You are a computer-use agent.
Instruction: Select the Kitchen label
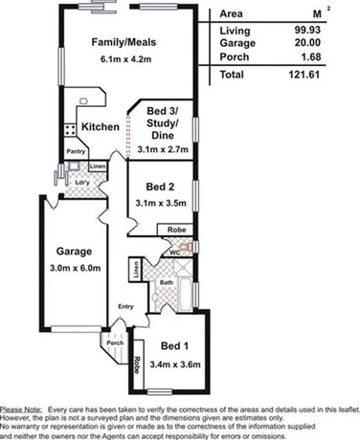coord(101,127)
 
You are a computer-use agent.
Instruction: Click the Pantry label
coord(77,151)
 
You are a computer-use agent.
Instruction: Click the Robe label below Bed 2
coord(178,230)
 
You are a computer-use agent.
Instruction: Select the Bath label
coord(166,283)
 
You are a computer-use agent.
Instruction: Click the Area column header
coord(232,15)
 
